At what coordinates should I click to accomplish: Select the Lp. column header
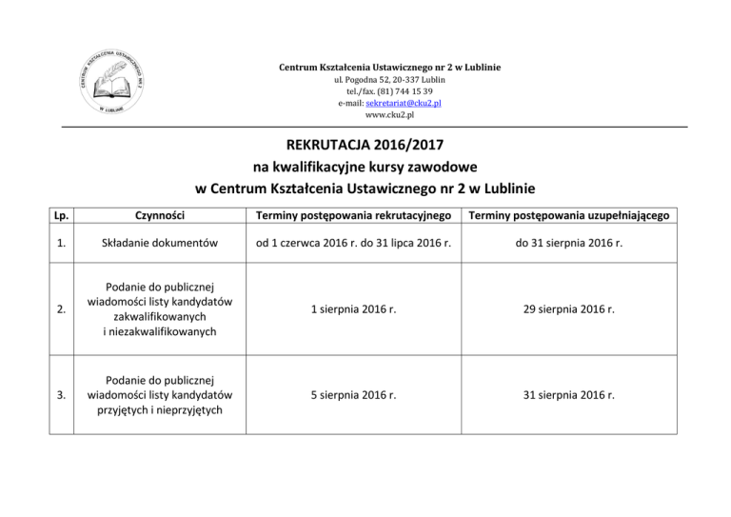(x=62, y=216)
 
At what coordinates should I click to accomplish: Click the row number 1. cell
(x=62, y=249)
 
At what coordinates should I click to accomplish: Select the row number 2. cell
(x=62, y=310)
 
